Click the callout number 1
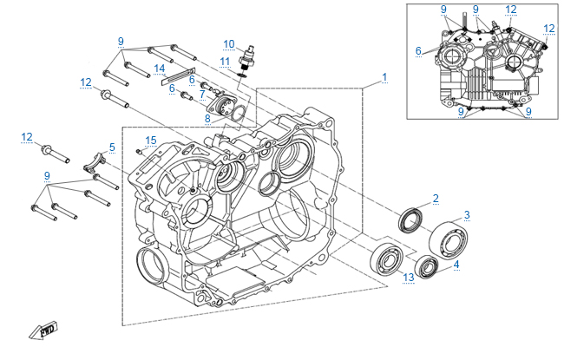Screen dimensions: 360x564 coord(383,78)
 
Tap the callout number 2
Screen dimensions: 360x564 coord(436,199)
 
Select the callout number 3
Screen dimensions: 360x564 coord(467,214)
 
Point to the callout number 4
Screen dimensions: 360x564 coord(456,265)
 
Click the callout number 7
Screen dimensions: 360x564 coord(202,94)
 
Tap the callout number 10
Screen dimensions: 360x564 coord(229,43)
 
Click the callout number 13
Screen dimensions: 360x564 coord(408,277)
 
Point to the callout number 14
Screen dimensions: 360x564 coord(160,68)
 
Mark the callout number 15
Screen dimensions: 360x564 coord(151,140)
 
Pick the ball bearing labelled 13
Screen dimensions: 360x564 coord(383,258)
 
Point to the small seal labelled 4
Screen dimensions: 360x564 coord(427,268)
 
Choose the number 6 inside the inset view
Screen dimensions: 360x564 coord(417,51)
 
